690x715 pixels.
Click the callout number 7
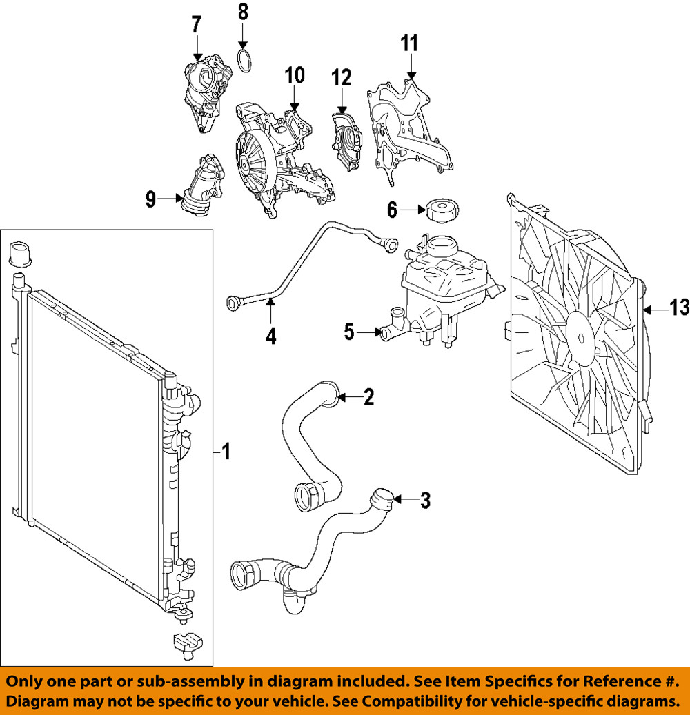coord(196,25)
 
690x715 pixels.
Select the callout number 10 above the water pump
coord(295,76)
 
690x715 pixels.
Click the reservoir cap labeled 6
coord(443,210)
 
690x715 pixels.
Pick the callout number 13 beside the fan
coord(679,309)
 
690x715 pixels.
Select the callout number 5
coord(350,333)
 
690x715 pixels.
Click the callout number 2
coord(368,396)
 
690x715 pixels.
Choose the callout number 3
coord(425,500)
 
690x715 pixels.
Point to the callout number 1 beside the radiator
coord(226,452)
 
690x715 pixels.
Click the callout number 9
coord(150,200)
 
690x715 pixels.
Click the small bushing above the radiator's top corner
coord(21,253)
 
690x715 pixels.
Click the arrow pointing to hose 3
coord(406,499)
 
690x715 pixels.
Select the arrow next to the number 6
coord(412,209)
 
